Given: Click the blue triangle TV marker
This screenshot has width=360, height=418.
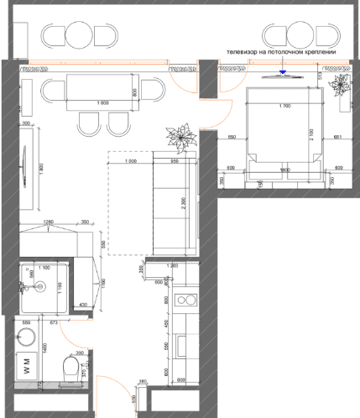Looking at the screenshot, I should click(x=283, y=71).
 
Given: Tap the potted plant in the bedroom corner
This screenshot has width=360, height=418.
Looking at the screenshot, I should click(x=342, y=86).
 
